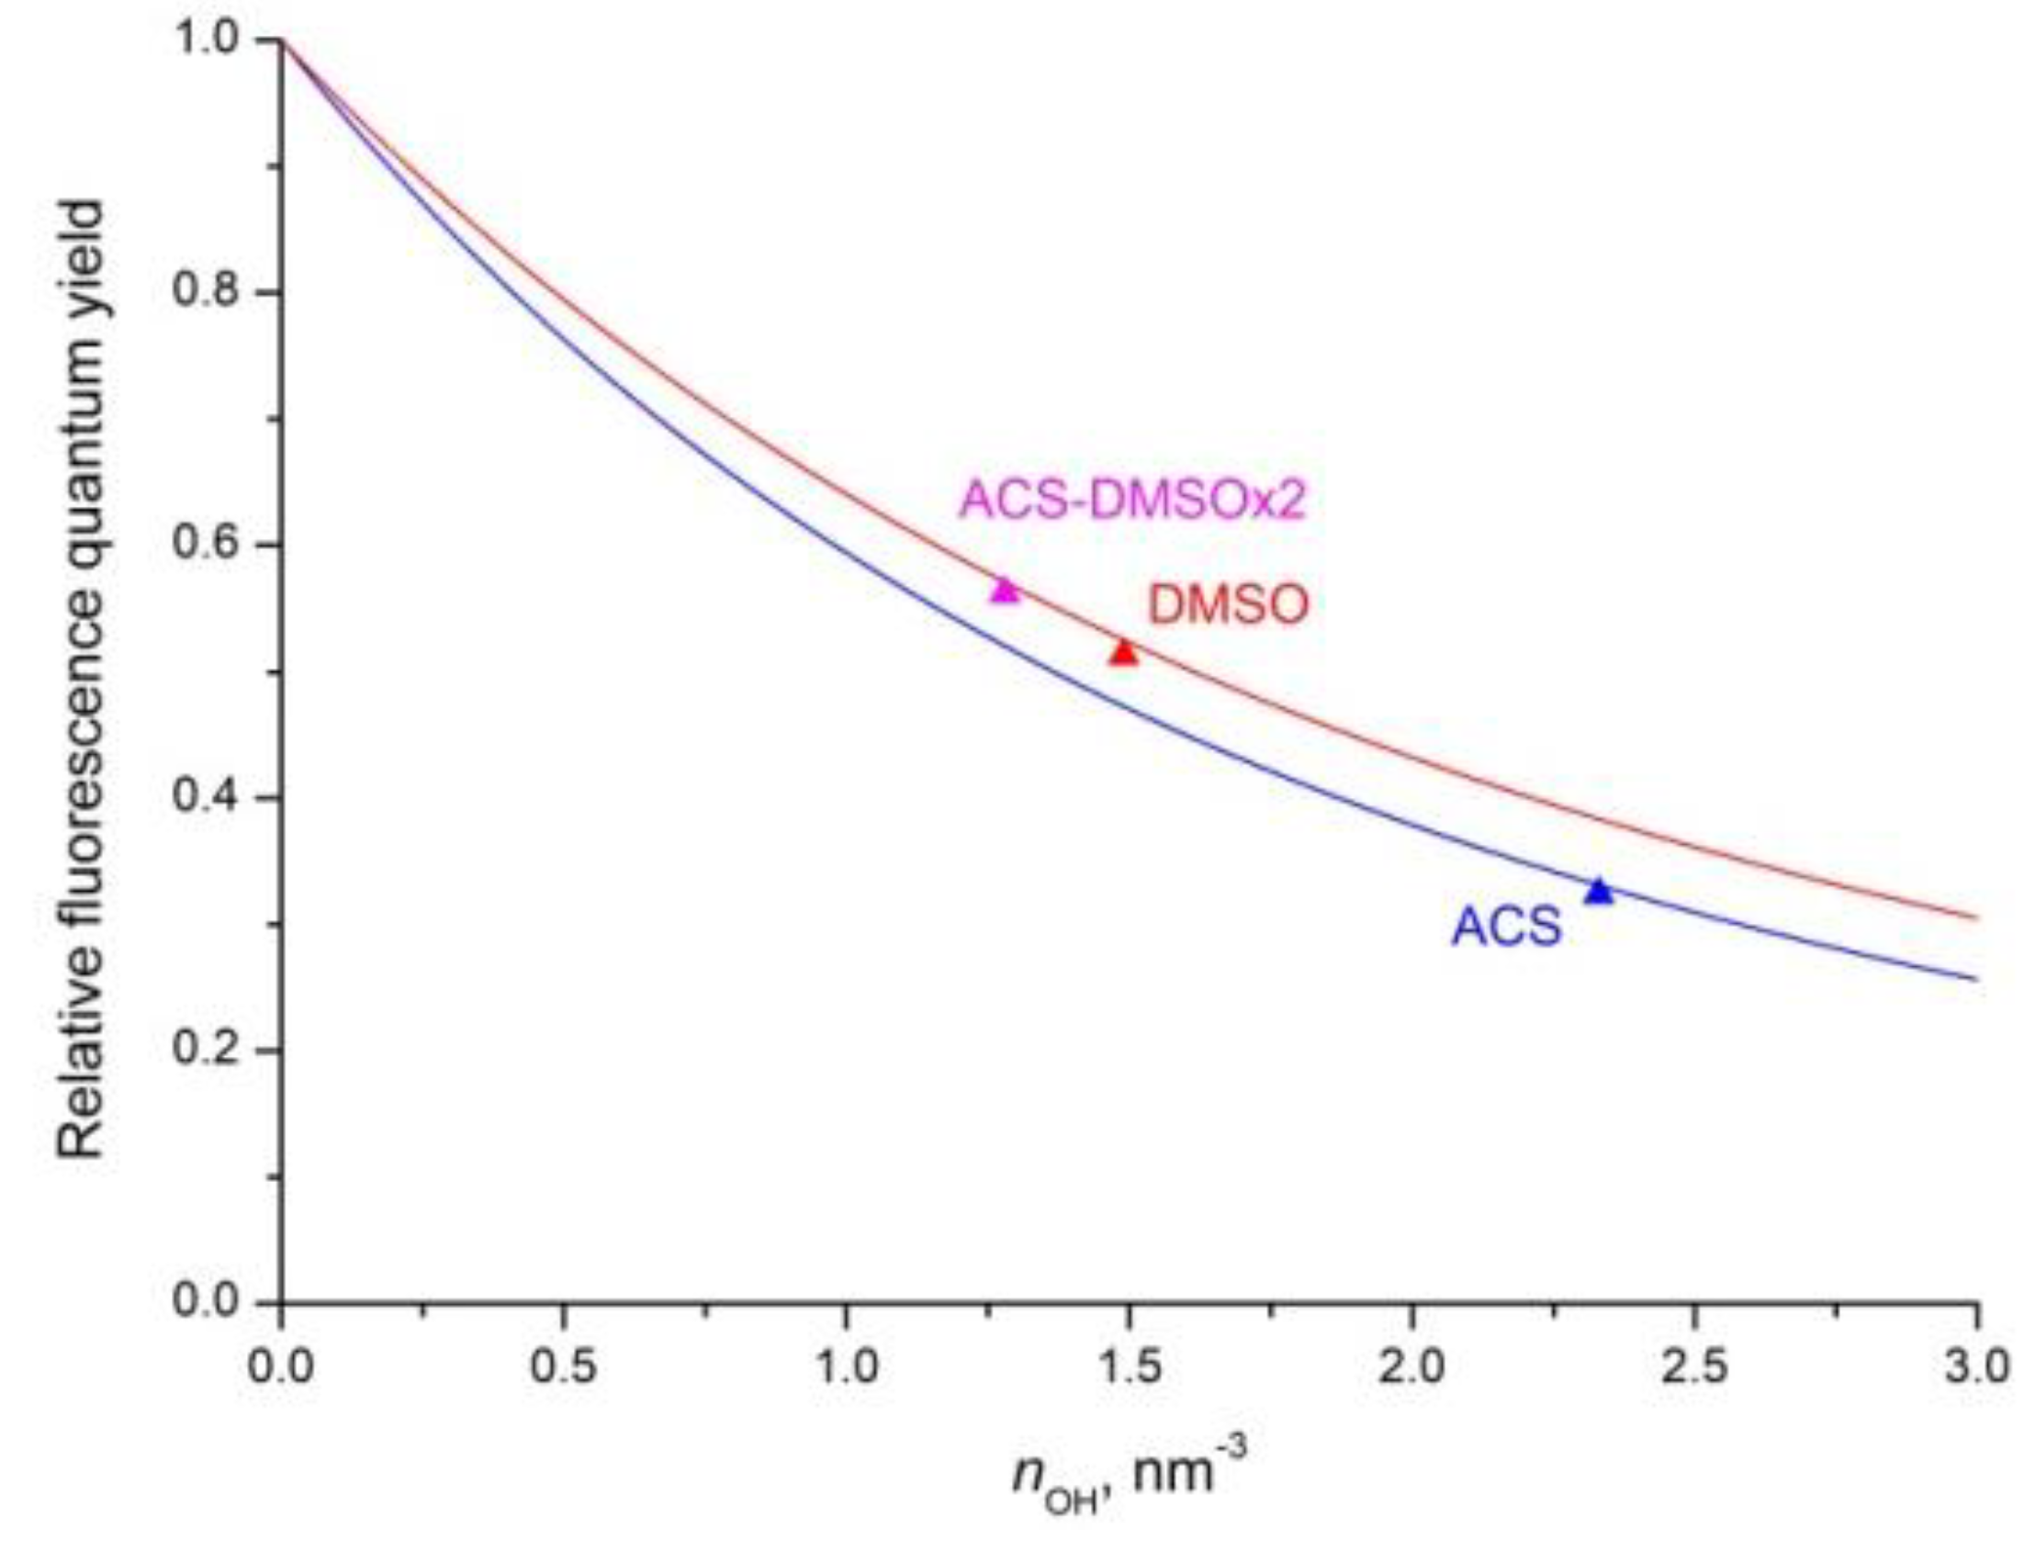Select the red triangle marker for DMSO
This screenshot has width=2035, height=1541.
pyautogui.click(x=1123, y=652)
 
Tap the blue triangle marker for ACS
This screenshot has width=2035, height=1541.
pyautogui.click(x=1600, y=891)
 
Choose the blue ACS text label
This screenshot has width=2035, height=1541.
pyautogui.click(x=1506, y=926)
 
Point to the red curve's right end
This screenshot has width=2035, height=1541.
pyautogui.click(x=1974, y=917)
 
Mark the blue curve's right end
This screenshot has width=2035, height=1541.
pyautogui.click(x=1974, y=978)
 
